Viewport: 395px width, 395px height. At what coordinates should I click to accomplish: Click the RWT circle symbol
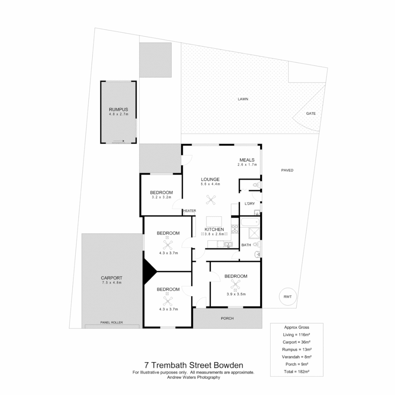click(x=288, y=297)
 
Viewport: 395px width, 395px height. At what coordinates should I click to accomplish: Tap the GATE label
click(x=311, y=113)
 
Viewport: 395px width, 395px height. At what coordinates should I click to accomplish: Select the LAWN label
click(x=240, y=99)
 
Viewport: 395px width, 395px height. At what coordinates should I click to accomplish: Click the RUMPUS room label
click(x=118, y=109)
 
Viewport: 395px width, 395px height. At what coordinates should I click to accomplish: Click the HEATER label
click(x=189, y=211)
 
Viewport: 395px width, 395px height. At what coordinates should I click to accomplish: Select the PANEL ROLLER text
click(x=112, y=322)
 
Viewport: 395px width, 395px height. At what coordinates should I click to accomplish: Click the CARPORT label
click(x=112, y=278)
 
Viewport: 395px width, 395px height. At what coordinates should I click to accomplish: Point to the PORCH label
click(x=227, y=318)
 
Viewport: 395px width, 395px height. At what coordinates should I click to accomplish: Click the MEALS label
click(x=247, y=160)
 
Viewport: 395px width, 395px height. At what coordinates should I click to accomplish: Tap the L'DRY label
click(x=245, y=204)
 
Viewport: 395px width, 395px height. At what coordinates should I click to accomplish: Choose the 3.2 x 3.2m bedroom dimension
click(x=161, y=197)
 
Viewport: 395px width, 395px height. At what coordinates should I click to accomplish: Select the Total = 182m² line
click(x=297, y=371)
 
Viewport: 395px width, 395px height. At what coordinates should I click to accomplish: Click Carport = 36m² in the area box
click(x=297, y=342)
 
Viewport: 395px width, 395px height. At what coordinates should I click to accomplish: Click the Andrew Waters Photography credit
click(x=193, y=377)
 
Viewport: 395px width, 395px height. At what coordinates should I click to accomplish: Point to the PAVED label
click(x=287, y=170)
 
